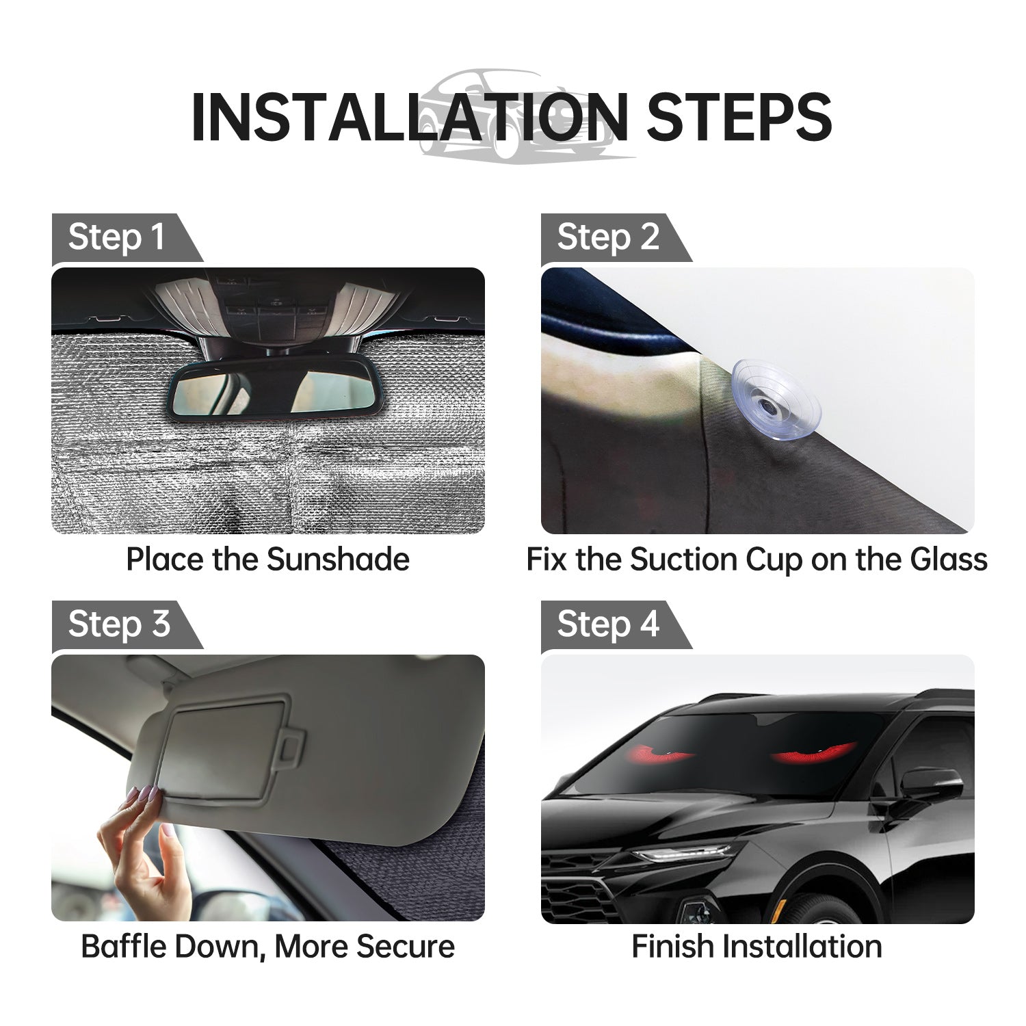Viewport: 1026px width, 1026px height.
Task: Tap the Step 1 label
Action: point(116,237)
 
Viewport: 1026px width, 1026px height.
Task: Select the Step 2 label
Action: point(607,237)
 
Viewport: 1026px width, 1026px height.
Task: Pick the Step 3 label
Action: point(118,624)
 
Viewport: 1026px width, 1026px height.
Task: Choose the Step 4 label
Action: point(607,624)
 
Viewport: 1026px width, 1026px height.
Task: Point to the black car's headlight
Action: point(684,853)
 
